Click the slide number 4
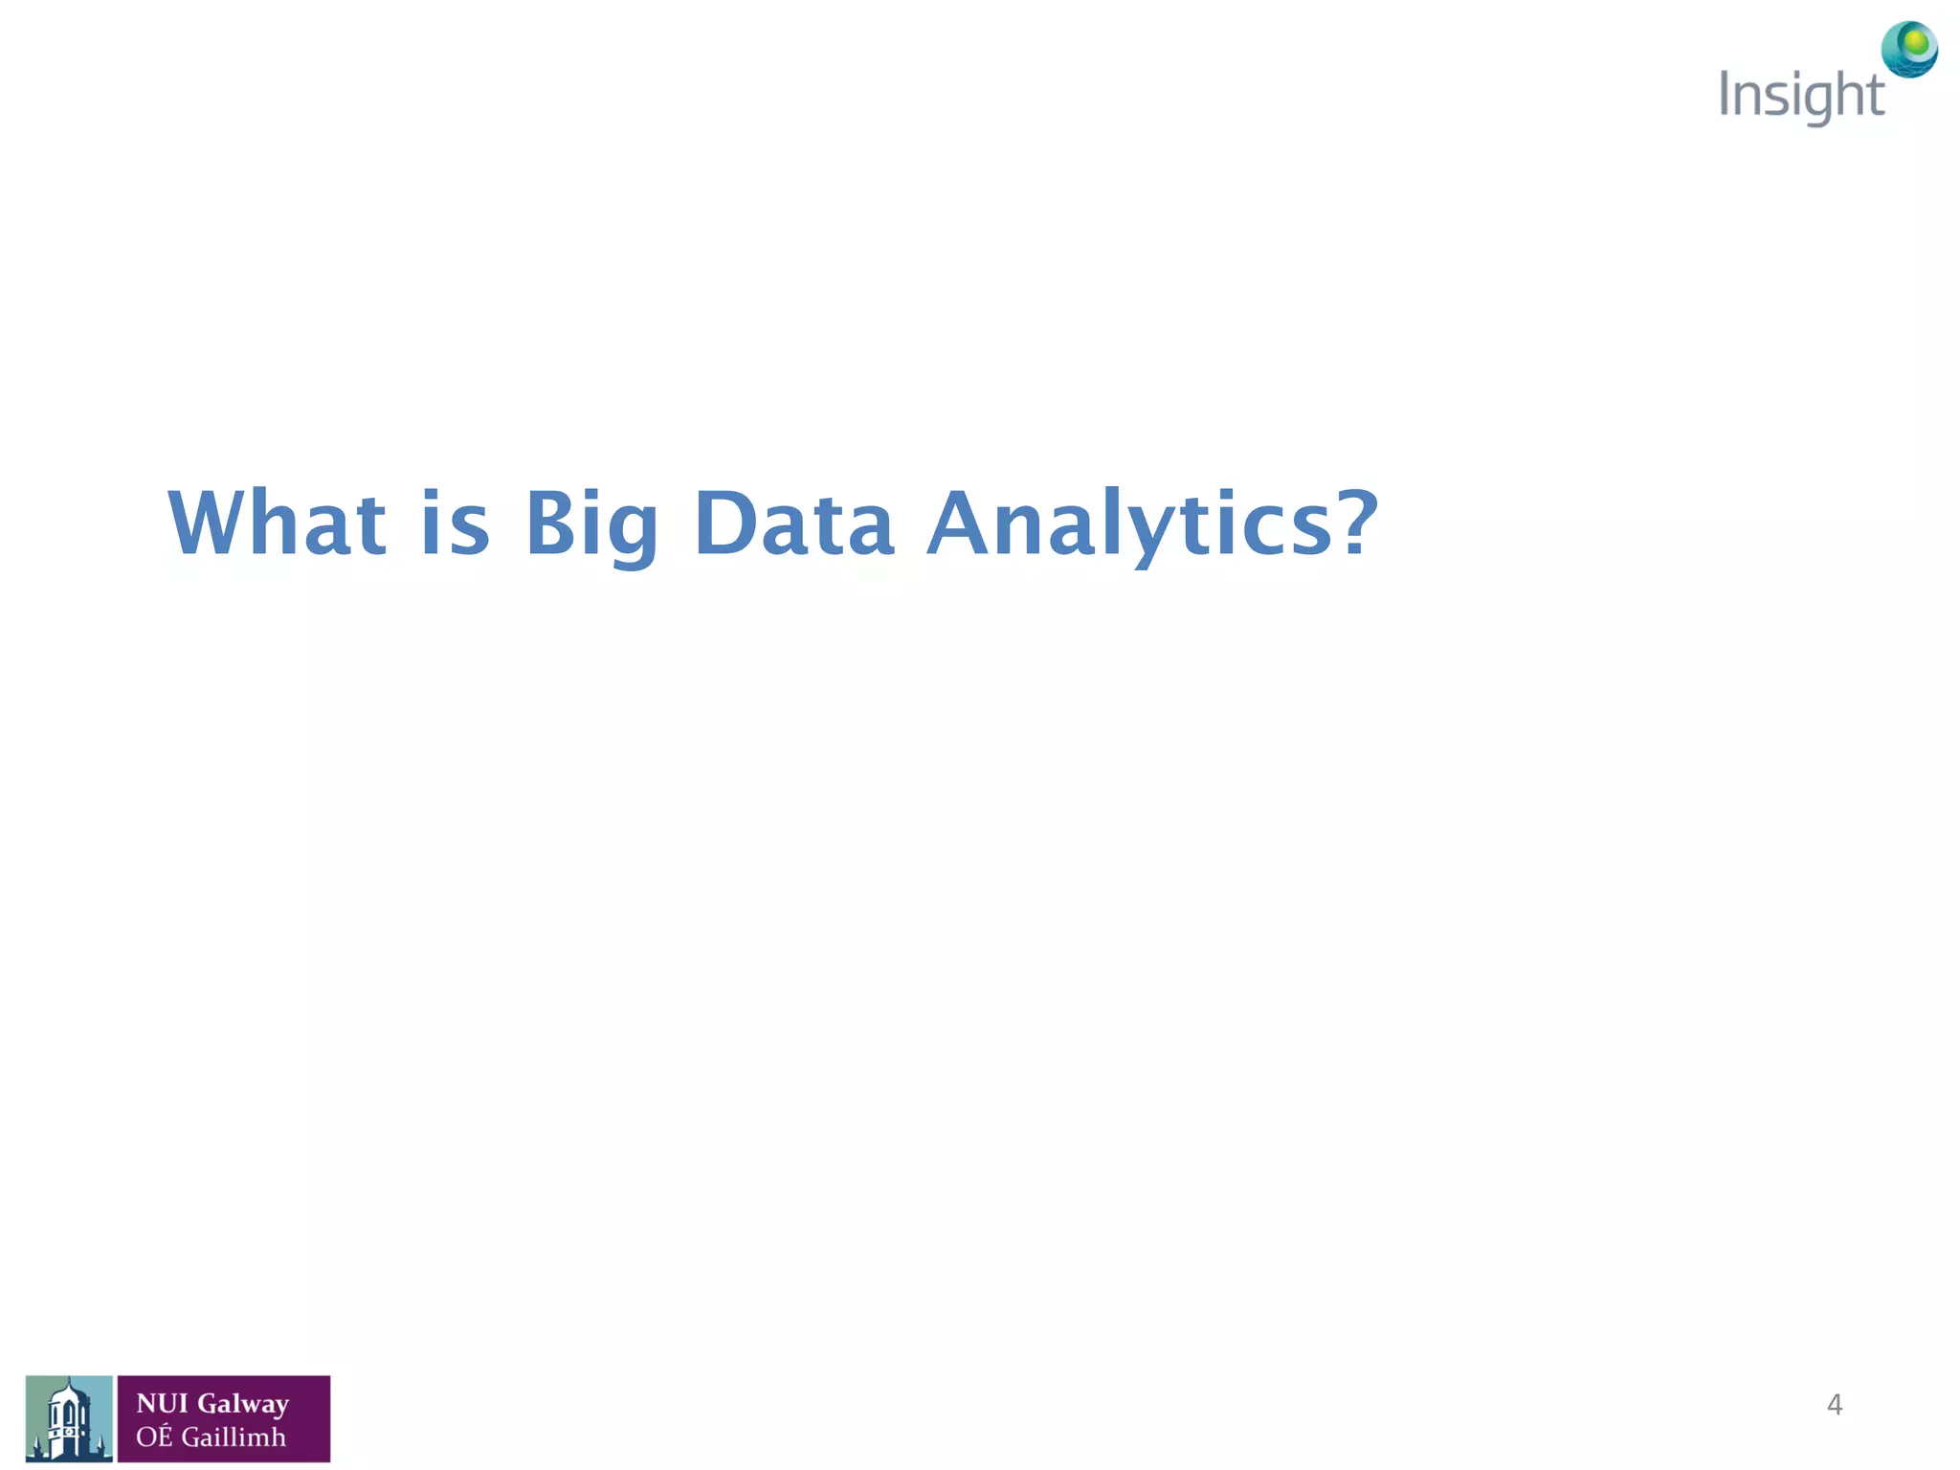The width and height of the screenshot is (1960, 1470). coord(1834,1404)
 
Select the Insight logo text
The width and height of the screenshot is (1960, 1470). coord(1801,97)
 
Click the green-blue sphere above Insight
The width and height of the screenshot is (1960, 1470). coord(1909,49)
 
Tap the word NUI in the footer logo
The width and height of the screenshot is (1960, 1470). coord(162,1403)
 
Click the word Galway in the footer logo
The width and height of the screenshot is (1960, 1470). coord(243,1404)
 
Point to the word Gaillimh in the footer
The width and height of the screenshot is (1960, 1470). coord(234,1437)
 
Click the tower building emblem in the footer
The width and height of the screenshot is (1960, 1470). coord(69,1419)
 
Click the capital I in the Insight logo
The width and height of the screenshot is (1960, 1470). coord(1726,94)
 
